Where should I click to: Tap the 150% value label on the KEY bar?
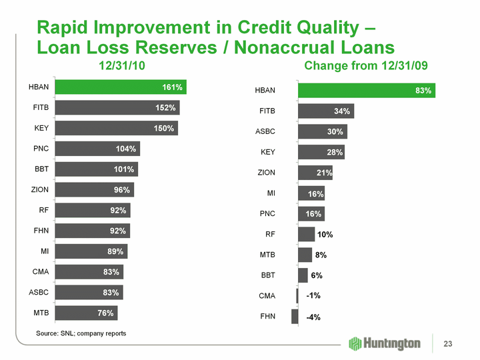pyautogui.click(x=164, y=129)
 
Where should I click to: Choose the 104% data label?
pyautogui.click(x=125, y=149)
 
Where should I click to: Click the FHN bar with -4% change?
pyautogui.click(x=295, y=317)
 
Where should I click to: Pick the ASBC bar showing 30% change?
pyautogui.click(x=323, y=132)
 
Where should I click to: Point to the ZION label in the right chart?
pyautogui.click(x=266, y=173)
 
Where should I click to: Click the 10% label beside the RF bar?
pyautogui.click(x=325, y=235)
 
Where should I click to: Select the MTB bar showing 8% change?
pyautogui.click(x=305, y=255)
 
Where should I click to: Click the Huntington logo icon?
pyautogui.click(x=355, y=343)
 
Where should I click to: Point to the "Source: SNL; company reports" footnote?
pyautogui.click(x=81, y=333)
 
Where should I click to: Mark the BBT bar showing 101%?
pyautogui.click(x=97, y=169)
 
